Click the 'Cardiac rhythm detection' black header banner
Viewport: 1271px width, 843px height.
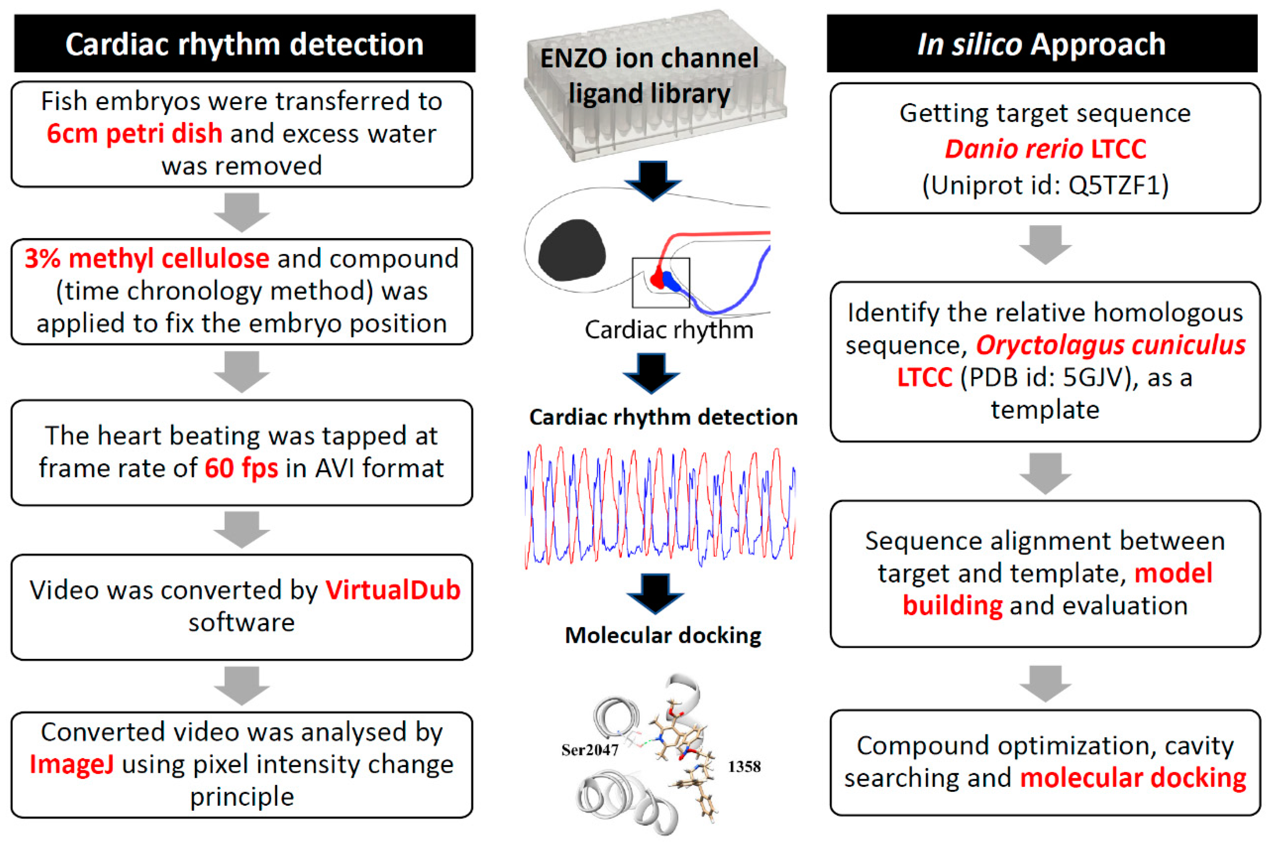coord(244,44)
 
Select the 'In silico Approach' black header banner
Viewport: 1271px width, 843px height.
coord(1042,44)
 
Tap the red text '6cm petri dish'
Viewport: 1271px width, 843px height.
coord(134,133)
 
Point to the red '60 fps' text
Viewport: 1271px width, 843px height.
coord(241,468)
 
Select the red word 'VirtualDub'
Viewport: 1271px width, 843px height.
coord(393,590)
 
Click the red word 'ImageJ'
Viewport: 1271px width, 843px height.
coord(72,764)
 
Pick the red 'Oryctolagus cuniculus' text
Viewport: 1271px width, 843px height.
coord(1110,345)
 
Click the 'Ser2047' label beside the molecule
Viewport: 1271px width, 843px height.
coord(589,750)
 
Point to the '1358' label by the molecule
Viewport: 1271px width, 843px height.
coord(744,766)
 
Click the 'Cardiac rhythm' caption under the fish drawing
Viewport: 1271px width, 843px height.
coord(668,330)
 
